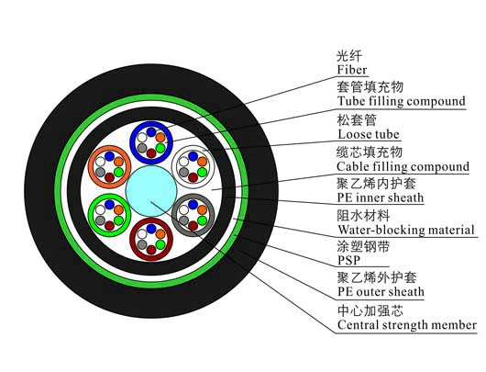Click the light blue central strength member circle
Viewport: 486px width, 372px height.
(x=151, y=191)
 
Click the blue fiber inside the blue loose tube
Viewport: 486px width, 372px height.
(x=151, y=132)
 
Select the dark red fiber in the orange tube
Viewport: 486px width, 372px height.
(x=109, y=177)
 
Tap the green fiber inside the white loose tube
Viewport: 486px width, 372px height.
(x=202, y=172)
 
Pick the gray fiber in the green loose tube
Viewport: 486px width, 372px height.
(x=100, y=220)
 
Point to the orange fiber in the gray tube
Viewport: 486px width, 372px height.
(x=202, y=210)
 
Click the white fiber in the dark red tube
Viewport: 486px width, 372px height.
(x=142, y=234)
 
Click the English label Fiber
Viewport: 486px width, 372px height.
(x=352, y=70)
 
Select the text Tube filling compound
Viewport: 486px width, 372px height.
(x=402, y=101)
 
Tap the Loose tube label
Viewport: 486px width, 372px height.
(x=369, y=134)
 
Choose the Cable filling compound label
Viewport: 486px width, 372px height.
(x=403, y=167)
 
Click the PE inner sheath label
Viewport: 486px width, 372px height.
(x=381, y=197)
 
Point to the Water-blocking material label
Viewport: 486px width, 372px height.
(x=406, y=230)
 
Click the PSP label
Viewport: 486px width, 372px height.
(x=348, y=260)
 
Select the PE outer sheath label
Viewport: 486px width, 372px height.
(x=381, y=291)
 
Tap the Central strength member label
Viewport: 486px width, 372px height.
(x=407, y=325)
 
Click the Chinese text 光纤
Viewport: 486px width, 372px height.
(x=349, y=56)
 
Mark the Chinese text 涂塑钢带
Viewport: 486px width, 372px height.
(x=363, y=246)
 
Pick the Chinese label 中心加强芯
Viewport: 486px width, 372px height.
(x=370, y=310)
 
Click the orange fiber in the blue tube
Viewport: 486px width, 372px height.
(x=160, y=137)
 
